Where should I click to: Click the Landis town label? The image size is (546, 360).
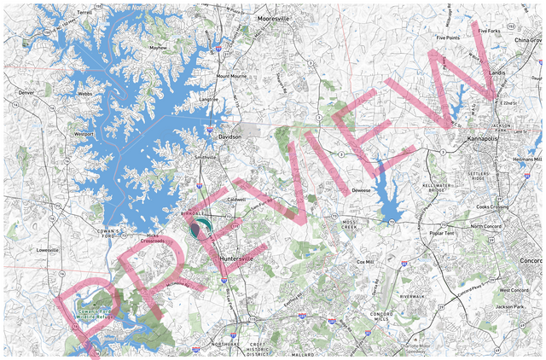pos(497,73)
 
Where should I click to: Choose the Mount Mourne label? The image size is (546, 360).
pos(231,75)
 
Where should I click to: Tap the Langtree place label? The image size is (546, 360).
pos(209,99)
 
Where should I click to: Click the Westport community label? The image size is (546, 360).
pos(84,134)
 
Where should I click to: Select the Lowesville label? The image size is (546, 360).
pos(47,250)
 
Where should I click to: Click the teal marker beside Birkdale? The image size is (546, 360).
pos(203,226)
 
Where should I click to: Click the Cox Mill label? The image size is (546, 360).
pos(365,262)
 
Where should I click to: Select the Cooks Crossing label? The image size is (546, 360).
pos(492,206)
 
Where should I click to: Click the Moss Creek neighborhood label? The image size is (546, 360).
pos(350,225)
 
